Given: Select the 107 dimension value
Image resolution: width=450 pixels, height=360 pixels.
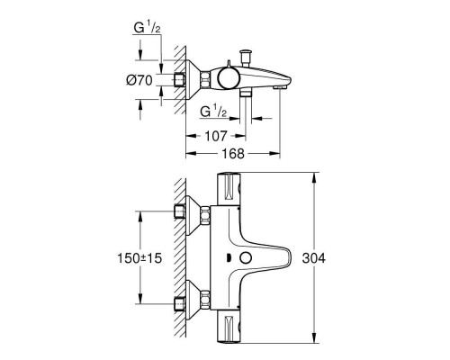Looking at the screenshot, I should pyautogui.click(x=213, y=138).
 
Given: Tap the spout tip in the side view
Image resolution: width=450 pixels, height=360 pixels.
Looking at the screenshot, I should pyautogui.click(x=286, y=82).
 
